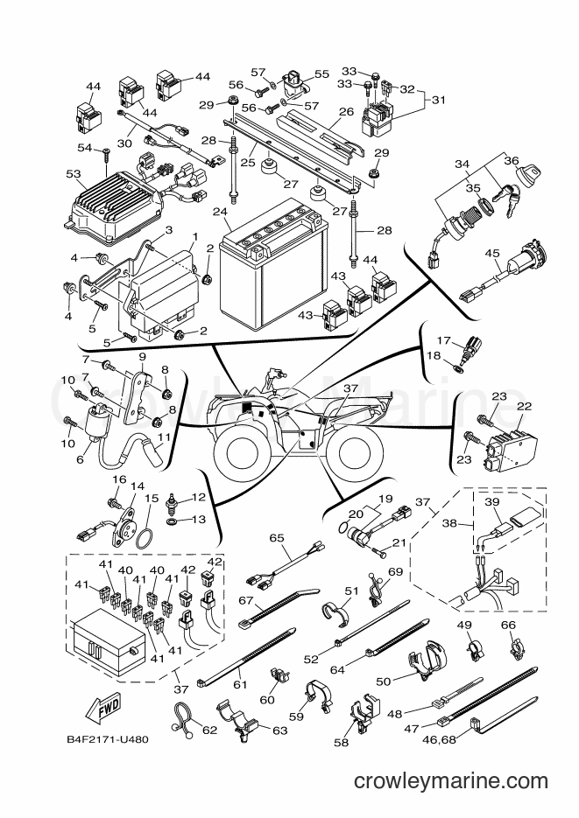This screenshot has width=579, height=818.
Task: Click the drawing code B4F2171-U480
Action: pos(108,739)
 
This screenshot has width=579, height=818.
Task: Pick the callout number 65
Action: pos(277,537)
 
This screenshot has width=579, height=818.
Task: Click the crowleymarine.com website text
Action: pos(450,781)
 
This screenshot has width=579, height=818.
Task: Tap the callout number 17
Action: pos(444,340)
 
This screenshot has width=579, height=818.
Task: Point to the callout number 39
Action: pos(491,501)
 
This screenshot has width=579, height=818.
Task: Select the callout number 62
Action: pos(209,730)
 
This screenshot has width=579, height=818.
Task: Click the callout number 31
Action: pos(439,99)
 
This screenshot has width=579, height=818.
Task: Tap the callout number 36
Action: pos(512,161)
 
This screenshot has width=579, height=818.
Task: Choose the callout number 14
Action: pos(138,486)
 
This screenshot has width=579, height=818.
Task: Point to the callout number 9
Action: pos(142,357)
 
